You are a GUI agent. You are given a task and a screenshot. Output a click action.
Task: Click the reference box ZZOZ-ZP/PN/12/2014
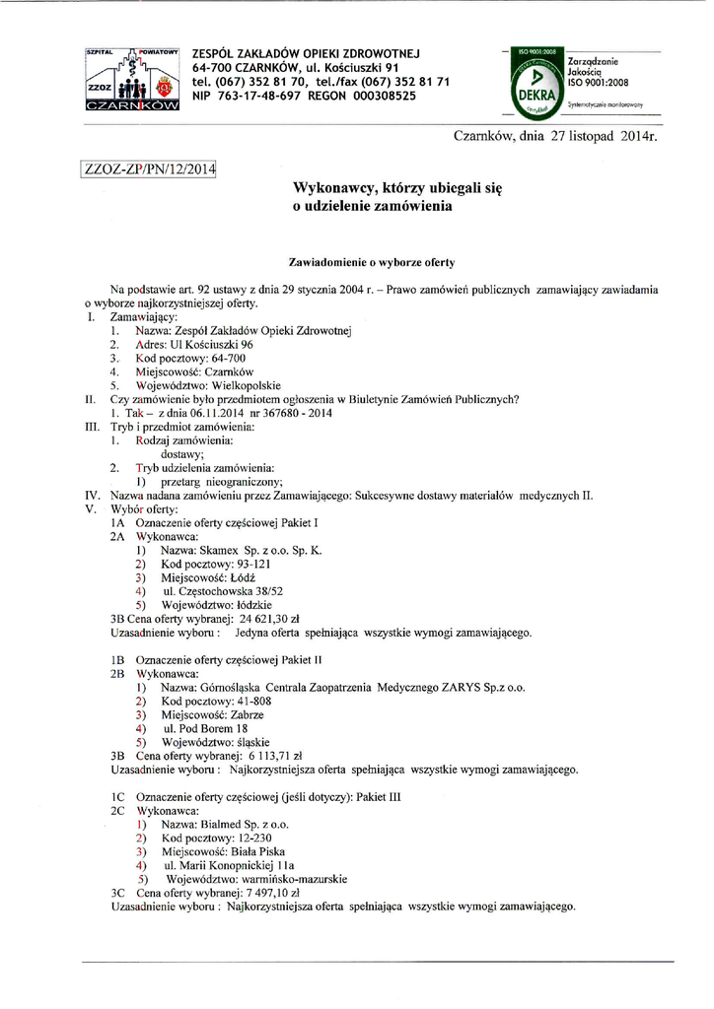(149, 169)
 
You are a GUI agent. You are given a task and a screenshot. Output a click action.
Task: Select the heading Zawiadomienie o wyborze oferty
(370, 263)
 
